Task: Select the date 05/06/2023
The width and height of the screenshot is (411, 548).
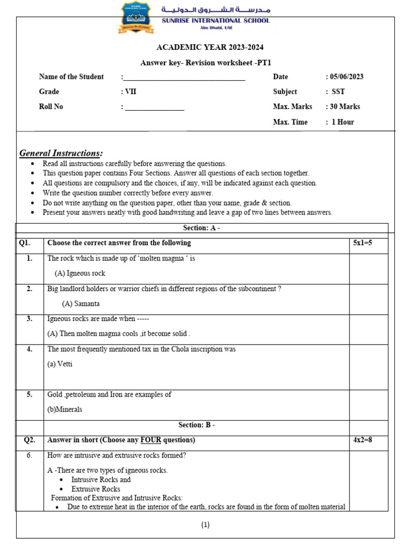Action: click(x=346, y=77)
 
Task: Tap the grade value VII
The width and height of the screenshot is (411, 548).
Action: click(x=130, y=92)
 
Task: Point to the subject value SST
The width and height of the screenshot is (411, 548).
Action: click(x=338, y=92)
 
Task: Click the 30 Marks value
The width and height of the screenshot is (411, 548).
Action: click(x=345, y=106)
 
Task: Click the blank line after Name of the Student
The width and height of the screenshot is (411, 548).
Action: click(x=185, y=78)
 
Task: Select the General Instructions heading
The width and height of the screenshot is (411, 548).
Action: click(x=61, y=154)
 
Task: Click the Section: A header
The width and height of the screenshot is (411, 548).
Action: click(x=202, y=228)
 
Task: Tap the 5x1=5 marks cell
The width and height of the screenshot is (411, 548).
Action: click(x=362, y=243)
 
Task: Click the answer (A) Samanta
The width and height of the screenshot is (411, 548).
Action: click(x=81, y=303)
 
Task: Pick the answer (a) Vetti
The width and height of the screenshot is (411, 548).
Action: click(x=60, y=364)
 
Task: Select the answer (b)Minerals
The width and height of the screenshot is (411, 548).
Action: click(x=65, y=409)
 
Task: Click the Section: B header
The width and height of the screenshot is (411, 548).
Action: click(x=196, y=425)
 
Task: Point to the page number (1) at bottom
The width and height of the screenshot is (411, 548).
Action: click(x=205, y=525)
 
